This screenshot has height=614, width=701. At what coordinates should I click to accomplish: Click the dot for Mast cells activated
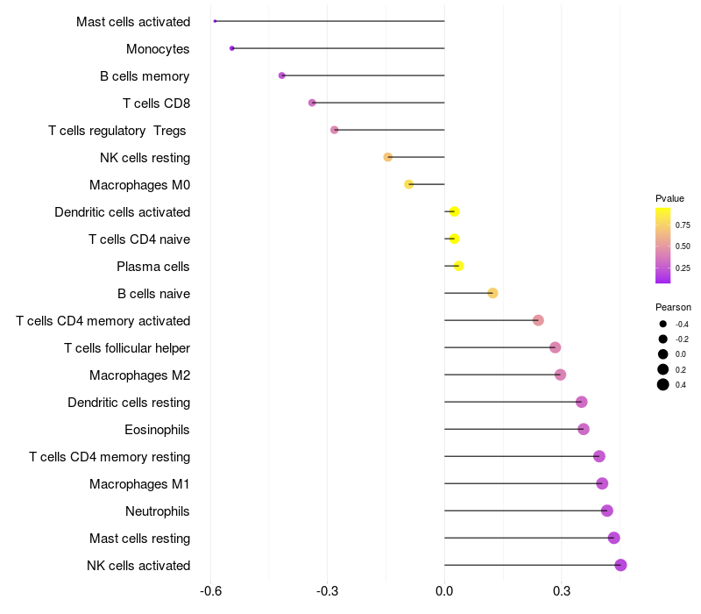(x=215, y=21)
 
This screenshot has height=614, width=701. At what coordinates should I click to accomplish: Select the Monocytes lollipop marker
(x=231, y=48)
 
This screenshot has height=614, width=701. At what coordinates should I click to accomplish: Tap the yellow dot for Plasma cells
(x=458, y=266)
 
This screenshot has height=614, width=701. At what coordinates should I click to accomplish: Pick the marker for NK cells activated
(x=620, y=565)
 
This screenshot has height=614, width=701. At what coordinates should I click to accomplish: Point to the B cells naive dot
(x=492, y=293)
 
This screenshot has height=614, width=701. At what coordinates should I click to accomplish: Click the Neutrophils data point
(x=607, y=510)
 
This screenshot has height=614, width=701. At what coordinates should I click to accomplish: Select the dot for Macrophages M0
(x=408, y=184)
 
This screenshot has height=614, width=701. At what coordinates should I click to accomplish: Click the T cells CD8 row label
(x=156, y=104)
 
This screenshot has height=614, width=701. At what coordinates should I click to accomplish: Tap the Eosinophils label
(x=157, y=430)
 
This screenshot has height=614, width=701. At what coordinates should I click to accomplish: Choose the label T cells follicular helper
(x=127, y=348)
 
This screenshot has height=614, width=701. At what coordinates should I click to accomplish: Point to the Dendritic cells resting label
(x=129, y=403)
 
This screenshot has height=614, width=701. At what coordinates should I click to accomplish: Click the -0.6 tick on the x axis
(x=210, y=591)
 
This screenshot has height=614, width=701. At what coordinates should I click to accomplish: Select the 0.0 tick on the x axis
(x=444, y=591)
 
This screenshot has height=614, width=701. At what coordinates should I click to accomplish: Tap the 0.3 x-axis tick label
(x=562, y=591)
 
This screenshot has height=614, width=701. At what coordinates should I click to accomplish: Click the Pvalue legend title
(x=669, y=198)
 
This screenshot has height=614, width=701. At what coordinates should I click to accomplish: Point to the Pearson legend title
(x=673, y=307)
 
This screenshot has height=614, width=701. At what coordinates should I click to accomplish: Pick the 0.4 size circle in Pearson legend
(x=663, y=384)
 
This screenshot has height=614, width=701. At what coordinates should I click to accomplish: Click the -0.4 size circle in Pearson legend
(x=663, y=324)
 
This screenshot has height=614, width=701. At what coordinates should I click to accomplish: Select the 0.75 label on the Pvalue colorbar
(x=682, y=224)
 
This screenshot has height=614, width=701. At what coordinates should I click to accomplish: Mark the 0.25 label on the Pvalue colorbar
(x=682, y=268)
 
